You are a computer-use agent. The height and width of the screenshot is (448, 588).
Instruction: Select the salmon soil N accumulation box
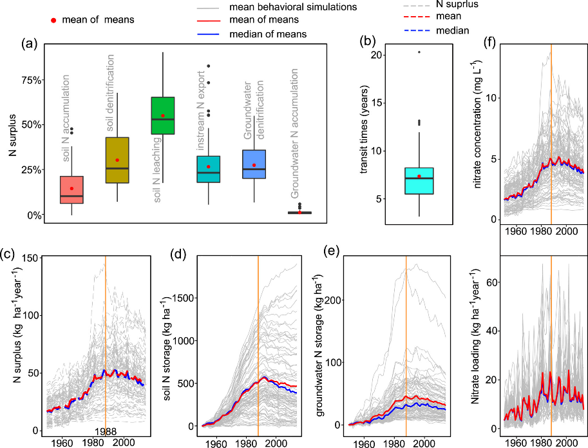coord(71,190)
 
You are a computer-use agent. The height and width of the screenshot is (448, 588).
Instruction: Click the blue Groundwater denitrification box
coord(254,164)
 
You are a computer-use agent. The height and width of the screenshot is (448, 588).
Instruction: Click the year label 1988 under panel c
coord(105,431)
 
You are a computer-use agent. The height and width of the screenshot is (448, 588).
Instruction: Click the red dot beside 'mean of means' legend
coord(54,20)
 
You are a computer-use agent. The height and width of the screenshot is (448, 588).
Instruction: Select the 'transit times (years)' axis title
coord(345,134)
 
